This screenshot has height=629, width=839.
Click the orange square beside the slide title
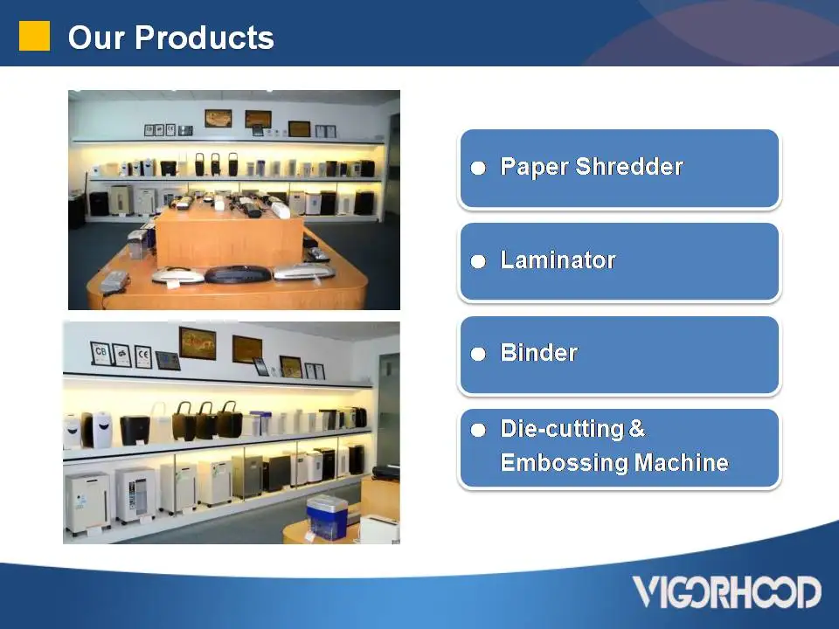coord(35,36)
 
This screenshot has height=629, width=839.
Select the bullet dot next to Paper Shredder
coord(478,169)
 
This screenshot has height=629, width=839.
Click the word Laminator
coord(558,260)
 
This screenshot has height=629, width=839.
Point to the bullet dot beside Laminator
coord(478,262)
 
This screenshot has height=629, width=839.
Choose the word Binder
coord(538,353)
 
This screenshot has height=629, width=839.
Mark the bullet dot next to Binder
coord(478,355)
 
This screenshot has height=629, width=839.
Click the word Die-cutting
coord(561,429)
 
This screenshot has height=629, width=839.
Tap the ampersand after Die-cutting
coord(636,429)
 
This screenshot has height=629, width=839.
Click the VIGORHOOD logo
coord(727,591)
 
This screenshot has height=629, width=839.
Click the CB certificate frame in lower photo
coord(101,354)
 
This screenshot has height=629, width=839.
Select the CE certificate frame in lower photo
coord(143,356)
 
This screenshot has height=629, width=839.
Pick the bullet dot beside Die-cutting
coord(478,431)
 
